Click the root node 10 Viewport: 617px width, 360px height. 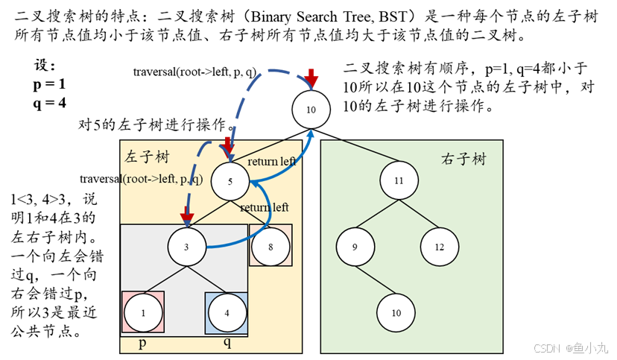point(311,110)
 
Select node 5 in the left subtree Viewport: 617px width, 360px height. point(230,182)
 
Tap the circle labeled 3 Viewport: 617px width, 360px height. point(187,247)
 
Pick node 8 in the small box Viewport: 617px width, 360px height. point(270,246)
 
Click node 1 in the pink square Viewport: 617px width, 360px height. point(143,312)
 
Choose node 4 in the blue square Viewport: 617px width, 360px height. point(227,312)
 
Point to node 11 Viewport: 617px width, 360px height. point(399,180)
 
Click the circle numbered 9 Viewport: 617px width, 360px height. point(355,247)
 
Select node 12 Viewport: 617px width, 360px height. point(440,247)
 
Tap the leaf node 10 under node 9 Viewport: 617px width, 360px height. point(396,312)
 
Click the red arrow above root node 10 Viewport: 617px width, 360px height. point(311,77)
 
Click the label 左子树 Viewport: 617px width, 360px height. point(147,157)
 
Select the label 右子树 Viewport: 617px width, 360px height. point(463,159)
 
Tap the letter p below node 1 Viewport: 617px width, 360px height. point(142,344)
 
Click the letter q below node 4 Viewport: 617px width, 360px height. point(227,344)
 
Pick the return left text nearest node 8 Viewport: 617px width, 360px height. point(264,207)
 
